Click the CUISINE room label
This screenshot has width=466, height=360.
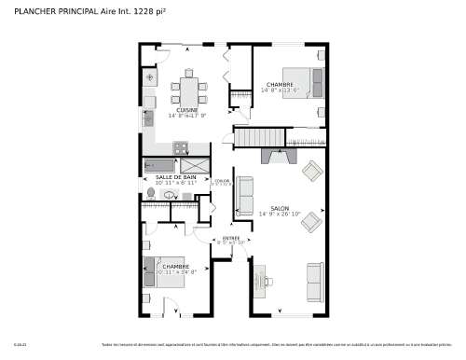coord(187,109)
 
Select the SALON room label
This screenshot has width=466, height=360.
coord(280,208)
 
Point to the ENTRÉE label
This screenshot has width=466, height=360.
coord(231,238)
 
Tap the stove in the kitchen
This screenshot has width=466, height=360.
coord(180,146)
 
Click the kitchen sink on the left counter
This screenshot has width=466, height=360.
coord(148,118)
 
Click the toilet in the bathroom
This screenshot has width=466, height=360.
coord(151,193)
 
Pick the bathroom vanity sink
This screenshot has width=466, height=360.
coord(170,196)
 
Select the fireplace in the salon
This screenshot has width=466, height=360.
coord(277,156)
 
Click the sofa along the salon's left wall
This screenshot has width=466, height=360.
coord(246,197)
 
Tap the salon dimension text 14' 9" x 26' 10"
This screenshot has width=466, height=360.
coord(280,215)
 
